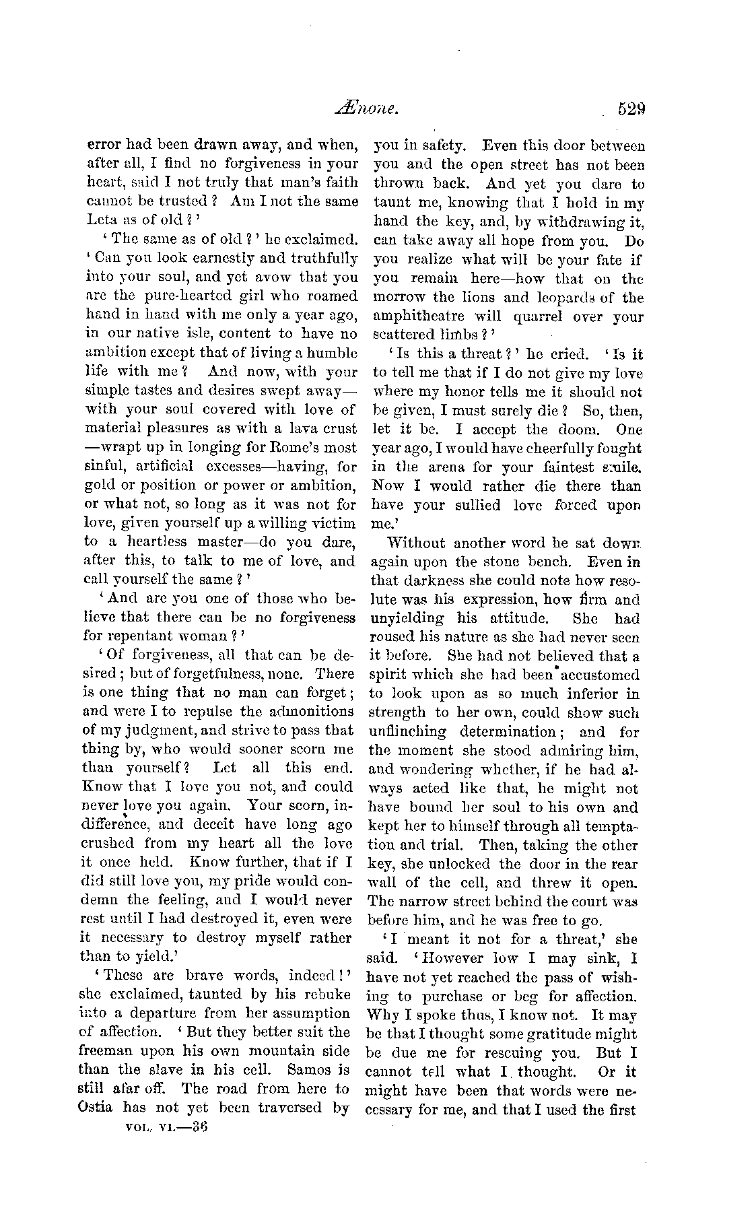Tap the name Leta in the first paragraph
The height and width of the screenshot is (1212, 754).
[101, 220]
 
